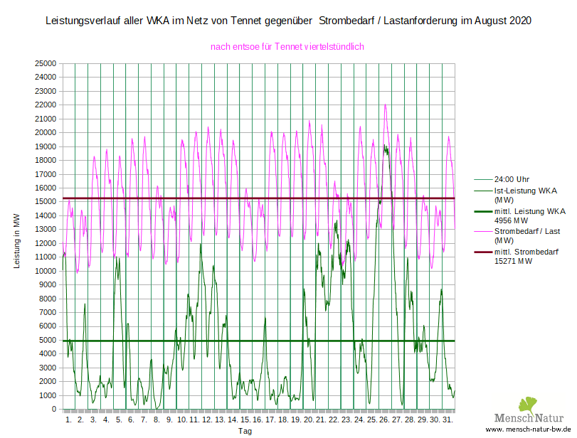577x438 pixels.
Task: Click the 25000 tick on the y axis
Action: click(x=46, y=63)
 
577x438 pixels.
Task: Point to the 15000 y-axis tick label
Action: click(x=46, y=202)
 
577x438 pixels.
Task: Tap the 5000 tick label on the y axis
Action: click(x=48, y=341)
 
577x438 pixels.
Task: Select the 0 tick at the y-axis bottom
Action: click(x=53, y=410)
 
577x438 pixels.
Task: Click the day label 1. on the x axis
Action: click(x=68, y=420)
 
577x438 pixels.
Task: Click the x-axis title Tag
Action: click(x=245, y=431)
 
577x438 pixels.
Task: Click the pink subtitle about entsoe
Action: click(x=287, y=46)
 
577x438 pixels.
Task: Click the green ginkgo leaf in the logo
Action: click(x=528, y=405)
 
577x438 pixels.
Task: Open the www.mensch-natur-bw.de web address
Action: click(x=529, y=431)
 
